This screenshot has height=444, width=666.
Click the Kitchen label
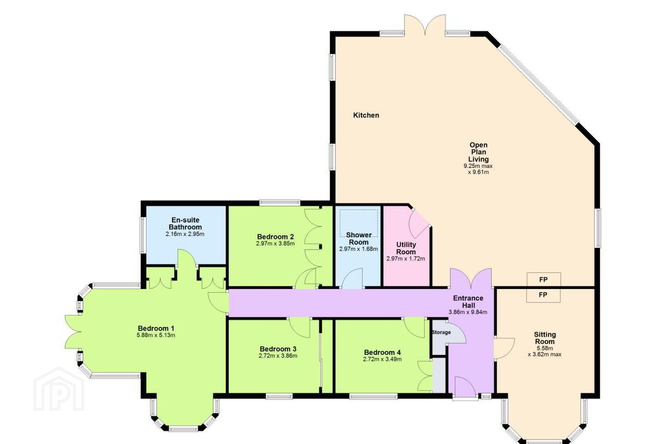click(366, 115)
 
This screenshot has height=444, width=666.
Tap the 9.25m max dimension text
click(478, 166)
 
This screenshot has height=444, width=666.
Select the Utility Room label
click(406, 248)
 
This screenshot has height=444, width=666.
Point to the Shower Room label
click(358, 239)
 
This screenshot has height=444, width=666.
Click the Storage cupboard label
click(441, 332)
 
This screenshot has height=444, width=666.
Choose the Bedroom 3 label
click(278, 349)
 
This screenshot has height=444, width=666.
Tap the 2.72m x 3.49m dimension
click(382, 359)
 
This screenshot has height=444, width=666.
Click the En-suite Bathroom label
click(185, 223)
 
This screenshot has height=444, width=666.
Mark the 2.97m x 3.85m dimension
click(275, 244)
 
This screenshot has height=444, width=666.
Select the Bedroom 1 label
click(156, 328)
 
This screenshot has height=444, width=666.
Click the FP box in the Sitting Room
click(543, 295)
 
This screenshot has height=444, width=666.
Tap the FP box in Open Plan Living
click(544, 279)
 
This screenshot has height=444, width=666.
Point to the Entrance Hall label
click(468, 302)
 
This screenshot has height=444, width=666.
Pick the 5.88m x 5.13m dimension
click(156, 335)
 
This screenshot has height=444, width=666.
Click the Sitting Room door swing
click(504, 348)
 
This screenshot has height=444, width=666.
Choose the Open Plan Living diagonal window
click(538, 84)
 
